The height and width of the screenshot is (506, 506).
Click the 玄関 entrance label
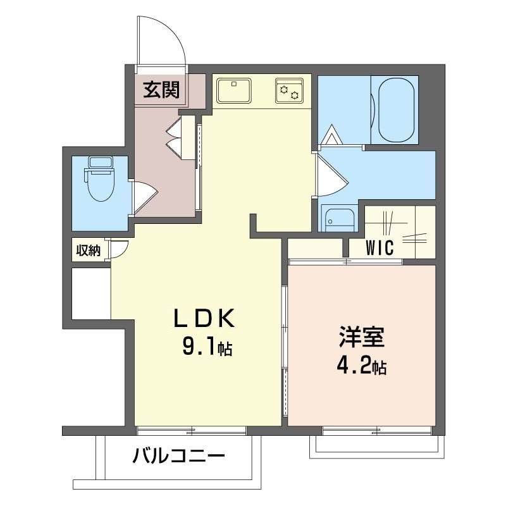pos(161,90)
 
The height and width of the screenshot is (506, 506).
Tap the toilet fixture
pos(99,183)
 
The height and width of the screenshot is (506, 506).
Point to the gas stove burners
pos(289,90)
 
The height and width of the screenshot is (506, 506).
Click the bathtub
pos(397,110)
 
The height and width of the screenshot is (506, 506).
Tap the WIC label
pos(379,247)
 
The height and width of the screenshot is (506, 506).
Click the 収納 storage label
pos(89,250)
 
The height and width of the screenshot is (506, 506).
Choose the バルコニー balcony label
pos(178,456)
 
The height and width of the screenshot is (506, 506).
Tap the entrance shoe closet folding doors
pos(175,137)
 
